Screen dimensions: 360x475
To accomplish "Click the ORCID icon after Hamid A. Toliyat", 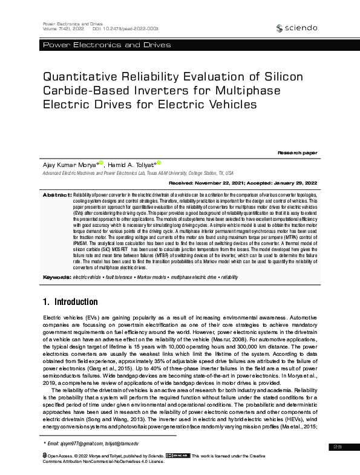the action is pyautogui.click(x=159, y=162).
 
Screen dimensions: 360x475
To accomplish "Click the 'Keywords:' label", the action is pyautogui.click(x=56, y=276).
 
